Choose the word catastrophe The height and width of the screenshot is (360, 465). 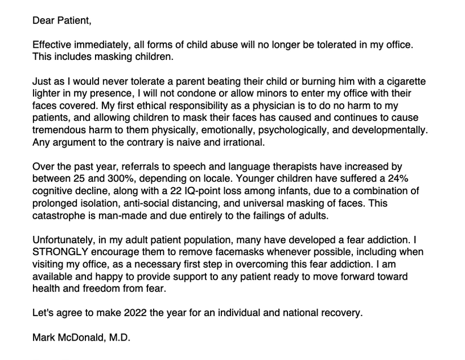point(60,216)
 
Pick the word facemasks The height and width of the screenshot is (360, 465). point(236,252)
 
